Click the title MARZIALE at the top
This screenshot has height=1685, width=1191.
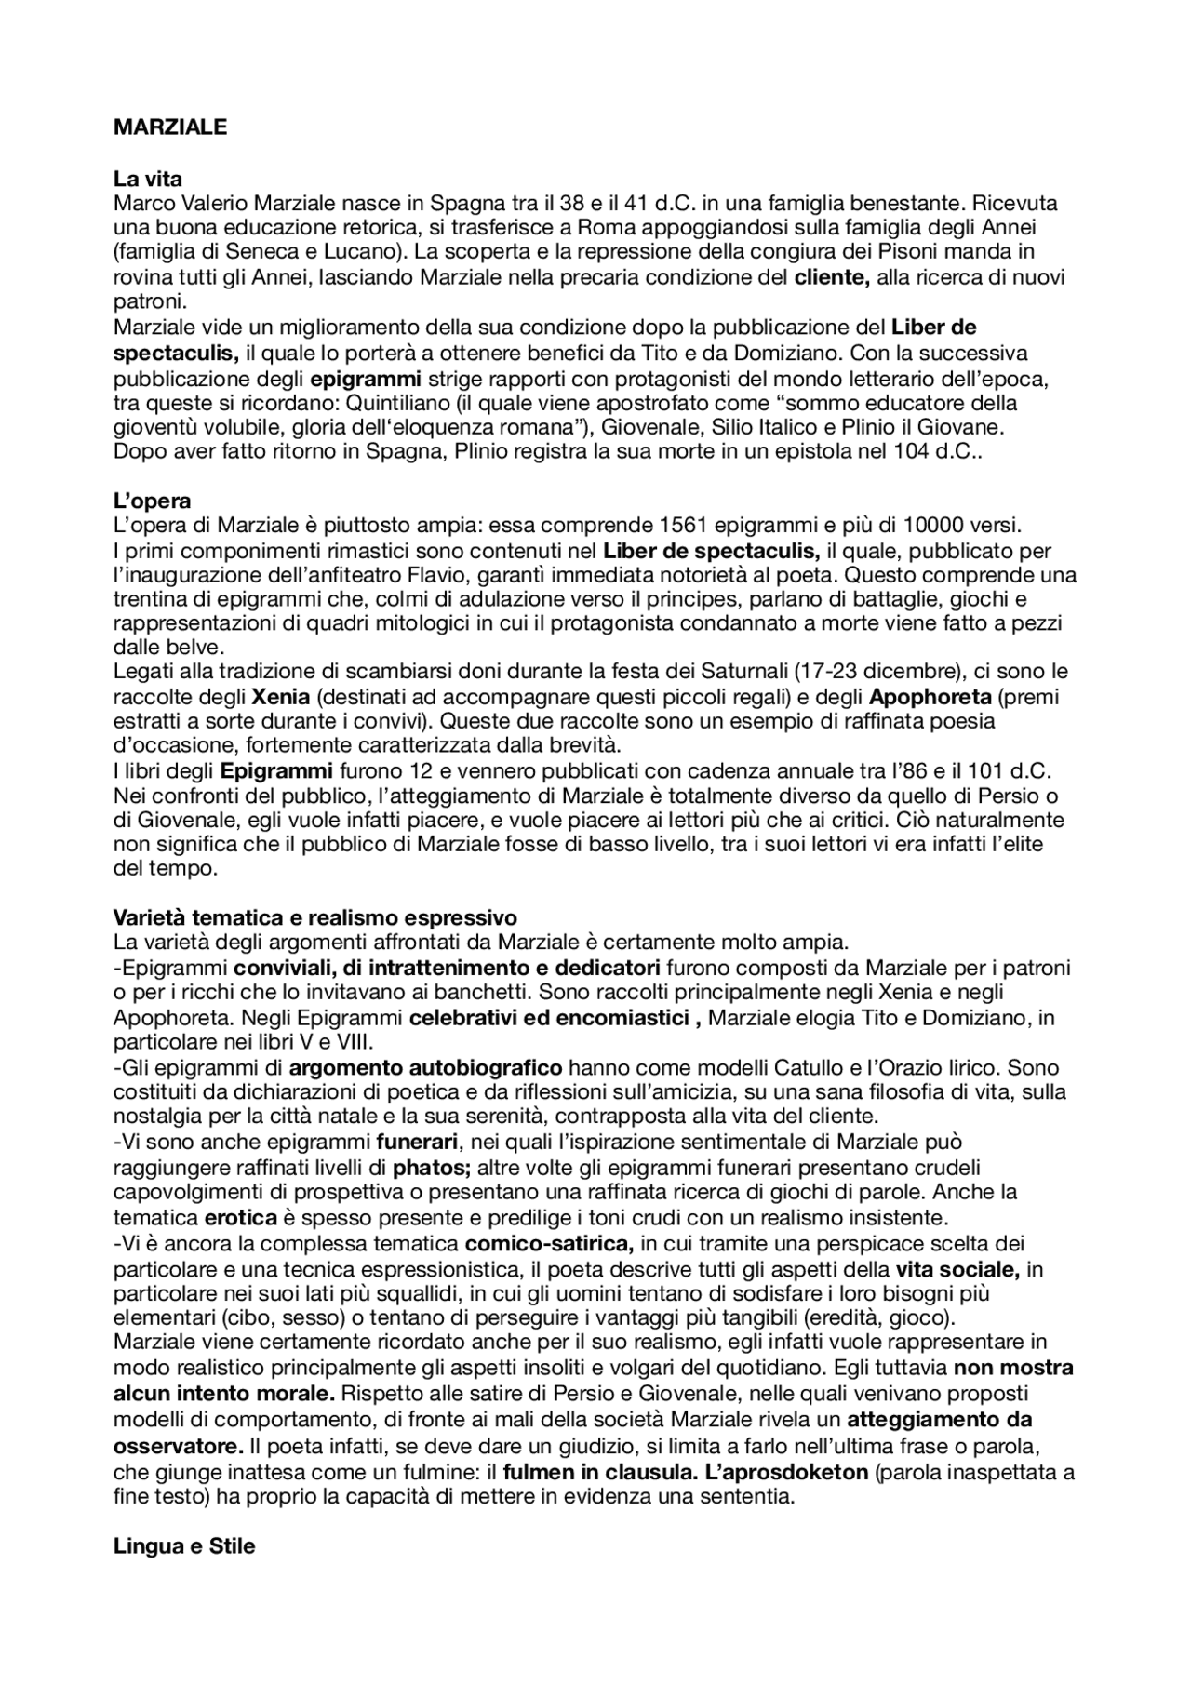click(169, 128)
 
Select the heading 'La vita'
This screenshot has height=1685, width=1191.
click(147, 179)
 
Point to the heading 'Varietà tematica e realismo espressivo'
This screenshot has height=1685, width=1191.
click(314, 917)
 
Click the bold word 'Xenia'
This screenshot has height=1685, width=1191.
click(280, 697)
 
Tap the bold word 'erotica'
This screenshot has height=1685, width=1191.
click(240, 1217)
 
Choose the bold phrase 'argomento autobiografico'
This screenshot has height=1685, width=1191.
click(425, 1067)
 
